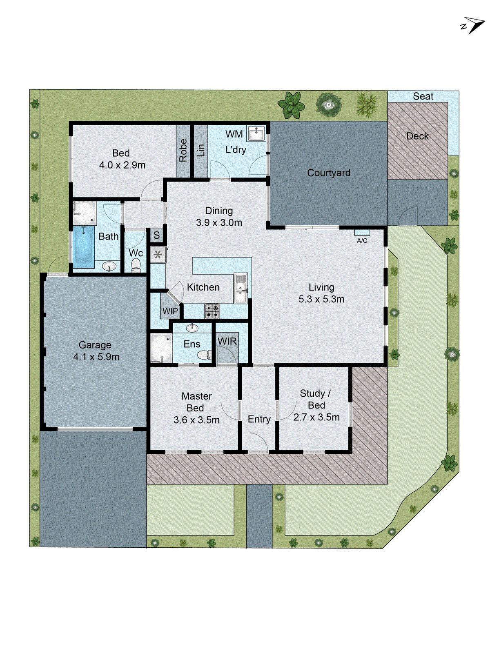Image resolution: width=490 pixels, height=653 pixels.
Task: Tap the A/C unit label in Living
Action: tap(362, 240)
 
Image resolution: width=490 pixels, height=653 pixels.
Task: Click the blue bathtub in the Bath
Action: tap(84, 247)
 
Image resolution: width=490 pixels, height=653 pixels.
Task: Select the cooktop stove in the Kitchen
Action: tap(212, 311)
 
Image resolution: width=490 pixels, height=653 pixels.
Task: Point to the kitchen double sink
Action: tap(241, 288)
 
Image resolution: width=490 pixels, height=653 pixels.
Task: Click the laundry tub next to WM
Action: tap(256, 133)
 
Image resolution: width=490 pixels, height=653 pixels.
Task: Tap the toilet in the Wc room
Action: tap(136, 265)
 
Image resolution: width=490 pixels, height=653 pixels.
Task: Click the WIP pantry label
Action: tap(170, 311)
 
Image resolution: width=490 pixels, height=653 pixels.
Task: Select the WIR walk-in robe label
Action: tap(227, 341)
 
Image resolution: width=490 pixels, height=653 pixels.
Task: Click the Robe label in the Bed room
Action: tap(183, 150)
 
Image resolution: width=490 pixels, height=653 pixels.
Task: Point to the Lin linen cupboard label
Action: tap(200, 150)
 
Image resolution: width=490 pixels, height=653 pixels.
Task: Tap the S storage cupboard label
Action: tap(156, 235)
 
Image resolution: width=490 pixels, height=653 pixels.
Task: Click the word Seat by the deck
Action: tap(423, 96)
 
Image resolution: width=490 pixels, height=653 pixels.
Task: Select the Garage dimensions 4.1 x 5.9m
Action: tap(96, 357)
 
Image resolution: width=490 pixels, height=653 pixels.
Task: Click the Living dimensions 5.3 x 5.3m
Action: tap(321, 299)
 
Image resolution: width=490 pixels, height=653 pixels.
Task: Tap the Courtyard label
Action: tap(329, 173)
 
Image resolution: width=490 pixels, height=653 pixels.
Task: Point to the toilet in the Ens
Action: tap(204, 355)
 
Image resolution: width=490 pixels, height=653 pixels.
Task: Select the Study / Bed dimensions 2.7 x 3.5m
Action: tap(316, 417)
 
